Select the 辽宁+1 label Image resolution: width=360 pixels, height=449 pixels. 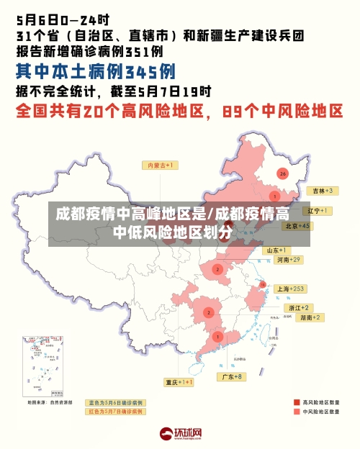(317, 211)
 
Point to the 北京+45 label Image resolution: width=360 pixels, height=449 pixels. (297, 225)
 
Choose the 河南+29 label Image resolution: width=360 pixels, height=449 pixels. (288, 259)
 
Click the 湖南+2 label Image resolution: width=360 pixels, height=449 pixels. (311, 317)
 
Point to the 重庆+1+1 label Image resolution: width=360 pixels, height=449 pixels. (179, 382)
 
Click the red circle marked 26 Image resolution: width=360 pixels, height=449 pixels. (283, 173)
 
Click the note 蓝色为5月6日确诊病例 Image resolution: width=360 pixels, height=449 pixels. (115, 402)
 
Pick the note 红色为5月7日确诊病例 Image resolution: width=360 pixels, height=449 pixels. (115, 412)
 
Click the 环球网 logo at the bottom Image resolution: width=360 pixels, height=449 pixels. (180, 434)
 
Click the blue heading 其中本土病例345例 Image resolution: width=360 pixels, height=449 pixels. (96, 72)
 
